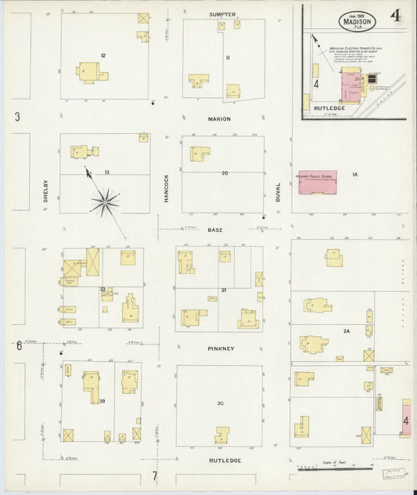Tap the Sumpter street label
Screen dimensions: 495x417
222,14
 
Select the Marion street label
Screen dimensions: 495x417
220,119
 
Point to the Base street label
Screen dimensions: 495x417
215,230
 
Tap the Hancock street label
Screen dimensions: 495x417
167,189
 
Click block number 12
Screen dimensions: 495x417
102,54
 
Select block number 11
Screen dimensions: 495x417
228,58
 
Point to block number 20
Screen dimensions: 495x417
224,173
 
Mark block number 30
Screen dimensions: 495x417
221,403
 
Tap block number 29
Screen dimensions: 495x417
102,401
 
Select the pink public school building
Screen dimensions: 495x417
317,181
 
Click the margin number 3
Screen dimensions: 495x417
17,117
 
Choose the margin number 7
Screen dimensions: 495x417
155,475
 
